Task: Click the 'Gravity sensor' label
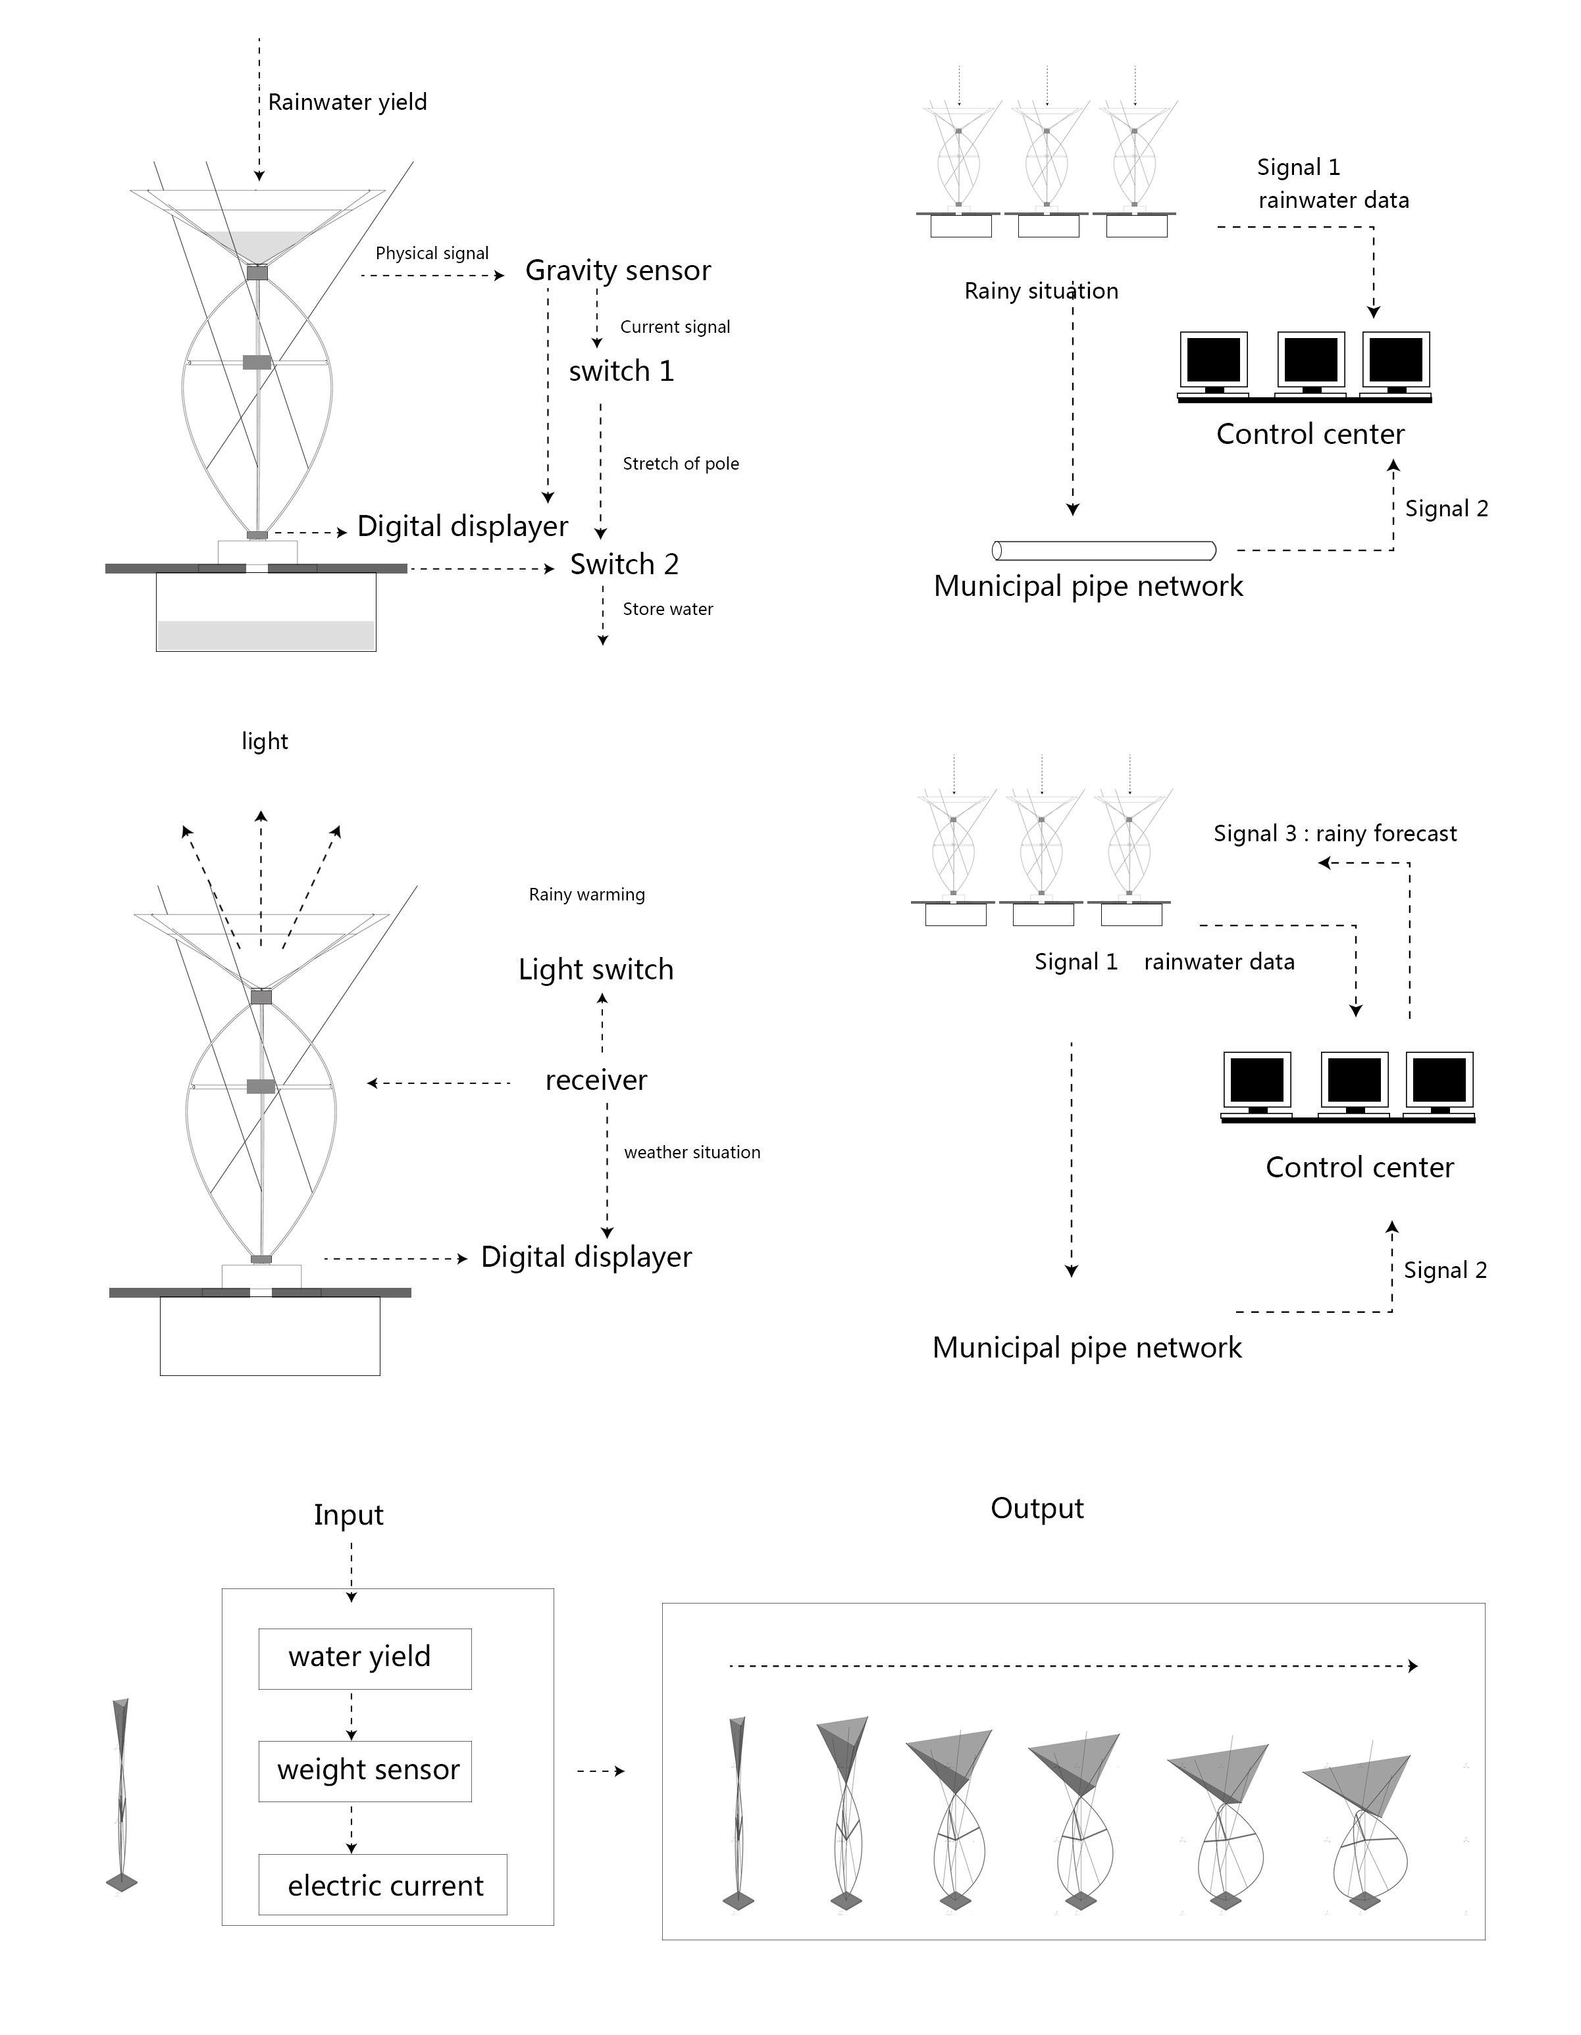618,270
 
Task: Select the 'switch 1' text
621,371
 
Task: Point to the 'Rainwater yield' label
348,103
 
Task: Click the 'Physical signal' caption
432,253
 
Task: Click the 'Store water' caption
667,608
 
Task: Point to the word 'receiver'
596,1080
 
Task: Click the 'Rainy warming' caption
586,895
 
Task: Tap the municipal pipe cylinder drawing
1104,551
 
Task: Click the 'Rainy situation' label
1041,291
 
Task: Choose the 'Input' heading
349,1515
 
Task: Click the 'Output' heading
1037,1509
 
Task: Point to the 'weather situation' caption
692,1152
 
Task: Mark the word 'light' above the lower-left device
265,742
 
